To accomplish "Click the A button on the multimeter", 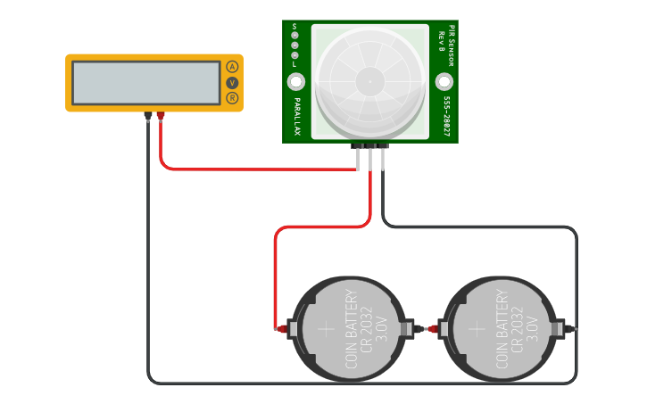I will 232,67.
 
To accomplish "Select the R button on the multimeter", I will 232,97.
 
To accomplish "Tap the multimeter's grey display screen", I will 146,83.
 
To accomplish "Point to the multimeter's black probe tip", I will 148,117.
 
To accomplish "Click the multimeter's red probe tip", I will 161,116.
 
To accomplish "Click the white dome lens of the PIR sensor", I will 369,81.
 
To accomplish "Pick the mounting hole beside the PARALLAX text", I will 295,82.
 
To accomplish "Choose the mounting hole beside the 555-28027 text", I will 444,82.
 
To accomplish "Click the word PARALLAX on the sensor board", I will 296,116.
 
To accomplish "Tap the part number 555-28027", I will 444,116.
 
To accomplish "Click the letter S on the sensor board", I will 294,26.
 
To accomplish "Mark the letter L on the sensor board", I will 294,65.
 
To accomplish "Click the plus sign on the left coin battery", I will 327,328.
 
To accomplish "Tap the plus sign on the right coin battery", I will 477,328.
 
